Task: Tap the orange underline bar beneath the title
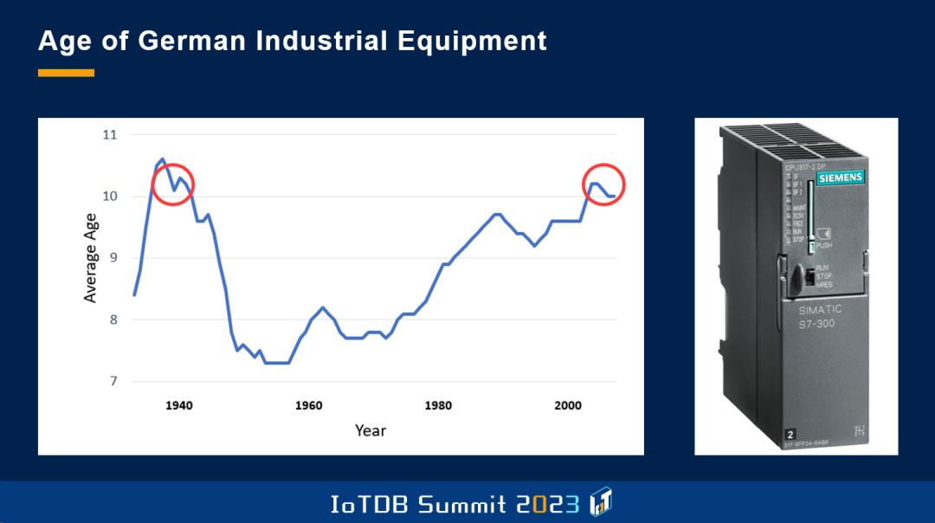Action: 66,74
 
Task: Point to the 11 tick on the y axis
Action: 110,135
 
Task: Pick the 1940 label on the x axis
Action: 179,405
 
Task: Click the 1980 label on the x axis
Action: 438,405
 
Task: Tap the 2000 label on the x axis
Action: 568,405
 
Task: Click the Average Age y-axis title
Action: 91,257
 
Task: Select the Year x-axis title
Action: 371,430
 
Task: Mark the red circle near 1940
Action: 173,184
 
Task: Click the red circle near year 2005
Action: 603,184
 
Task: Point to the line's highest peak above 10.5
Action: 162,159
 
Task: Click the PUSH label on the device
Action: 824,245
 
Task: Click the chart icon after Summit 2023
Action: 601,502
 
